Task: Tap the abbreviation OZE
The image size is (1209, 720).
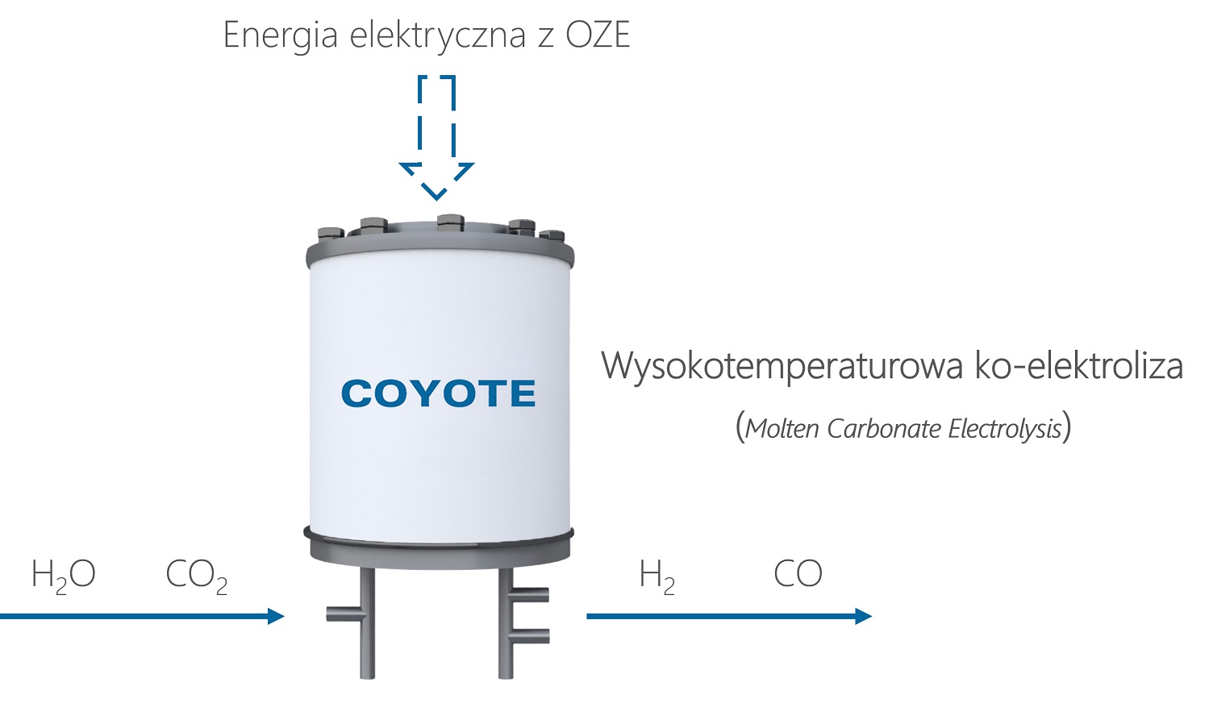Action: click(x=598, y=35)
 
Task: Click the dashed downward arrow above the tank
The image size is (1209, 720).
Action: click(x=436, y=137)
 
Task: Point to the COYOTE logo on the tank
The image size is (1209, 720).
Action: click(x=438, y=393)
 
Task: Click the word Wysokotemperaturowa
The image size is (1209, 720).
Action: click(x=782, y=366)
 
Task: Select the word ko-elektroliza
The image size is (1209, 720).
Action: click(x=1079, y=365)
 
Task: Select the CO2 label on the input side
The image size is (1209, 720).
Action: click(x=196, y=576)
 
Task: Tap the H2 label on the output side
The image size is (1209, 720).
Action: click(x=657, y=576)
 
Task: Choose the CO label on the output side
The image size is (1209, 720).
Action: click(x=798, y=574)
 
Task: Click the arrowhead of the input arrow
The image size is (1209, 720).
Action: click(x=277, y=617)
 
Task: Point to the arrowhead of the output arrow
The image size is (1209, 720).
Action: click(x=864, y=617)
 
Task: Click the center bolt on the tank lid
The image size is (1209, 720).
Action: click(x=449, y=221)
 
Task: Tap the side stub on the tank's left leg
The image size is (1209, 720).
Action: click(x=343, y=614)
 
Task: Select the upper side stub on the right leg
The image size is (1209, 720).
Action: click(x=531, y=595)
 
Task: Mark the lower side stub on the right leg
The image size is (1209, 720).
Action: click(x=531, y=635)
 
